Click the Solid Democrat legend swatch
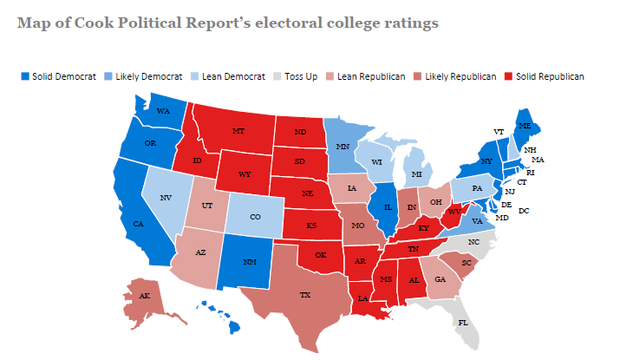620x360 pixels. (x=24, y=76)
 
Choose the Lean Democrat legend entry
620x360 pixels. (x=230, y=76)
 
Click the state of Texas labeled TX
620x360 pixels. (x=305, y=295)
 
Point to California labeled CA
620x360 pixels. (x=138, y=224)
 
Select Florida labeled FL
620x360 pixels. (x=461, y=322)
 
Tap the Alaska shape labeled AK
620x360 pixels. (x=143, y=298)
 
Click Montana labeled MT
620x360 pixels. (x=238, y=131)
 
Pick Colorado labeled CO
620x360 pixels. (x=254, y=218)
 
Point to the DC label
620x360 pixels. (x=523, y=211)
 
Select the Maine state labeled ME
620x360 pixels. (x=524, y=125)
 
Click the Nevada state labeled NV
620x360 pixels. (x=164, y=198)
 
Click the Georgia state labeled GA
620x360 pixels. (x=440, y=279)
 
